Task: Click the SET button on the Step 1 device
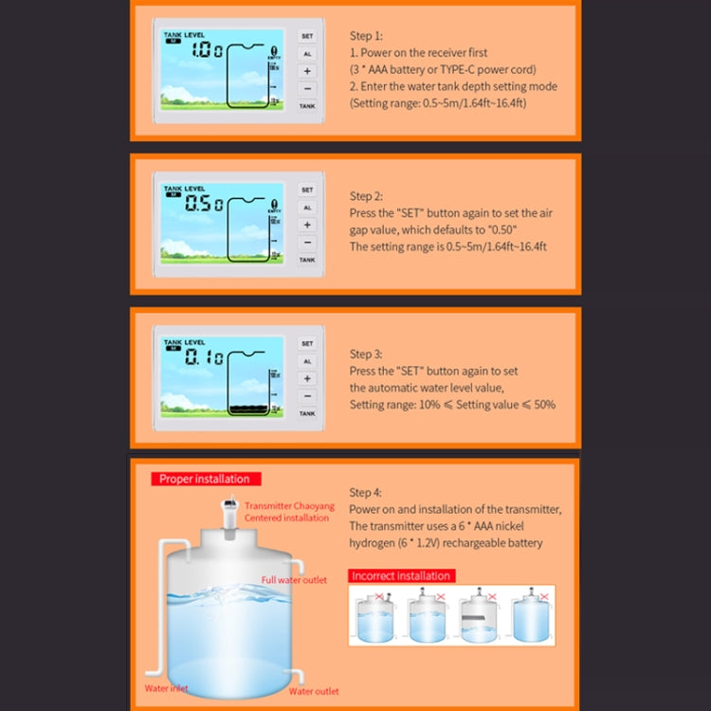pos(307,36)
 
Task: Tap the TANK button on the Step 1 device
pos(307,106)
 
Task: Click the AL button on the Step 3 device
pos(307,361)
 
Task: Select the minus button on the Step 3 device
pos(307,396)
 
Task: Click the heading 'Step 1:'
pos(366,36)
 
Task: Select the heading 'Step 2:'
pos(366,196)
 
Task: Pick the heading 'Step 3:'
pos(366,355)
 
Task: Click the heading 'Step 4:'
pos(366,493)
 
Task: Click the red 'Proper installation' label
pos(205,480)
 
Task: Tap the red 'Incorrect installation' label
pos(401,575)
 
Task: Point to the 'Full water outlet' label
pos(294,580)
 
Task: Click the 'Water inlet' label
pos(165,688)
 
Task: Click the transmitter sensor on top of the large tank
pos(228,517)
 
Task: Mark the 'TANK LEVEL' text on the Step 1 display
pos(184,34)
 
